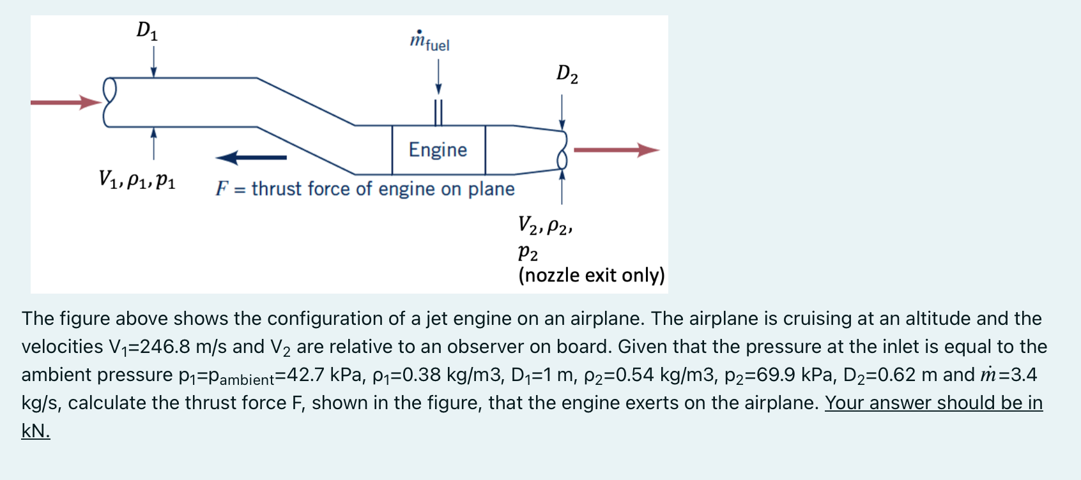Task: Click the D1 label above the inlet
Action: (x=147, y=31)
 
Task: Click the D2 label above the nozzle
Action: (x=567, y=74)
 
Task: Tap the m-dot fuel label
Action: (x=429, y=41)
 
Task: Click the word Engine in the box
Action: (x=438, y=150)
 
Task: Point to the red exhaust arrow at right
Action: (x=616, y=150)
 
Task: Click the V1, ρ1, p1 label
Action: (x=137, y=180)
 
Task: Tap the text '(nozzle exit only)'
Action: (x=592, y=275)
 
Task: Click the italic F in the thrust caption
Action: (x=222, y=189)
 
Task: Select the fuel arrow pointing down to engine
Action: (x=438, y=77)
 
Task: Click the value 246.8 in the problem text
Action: (x=165, y=347)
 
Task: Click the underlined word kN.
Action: (x=36, y=431)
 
